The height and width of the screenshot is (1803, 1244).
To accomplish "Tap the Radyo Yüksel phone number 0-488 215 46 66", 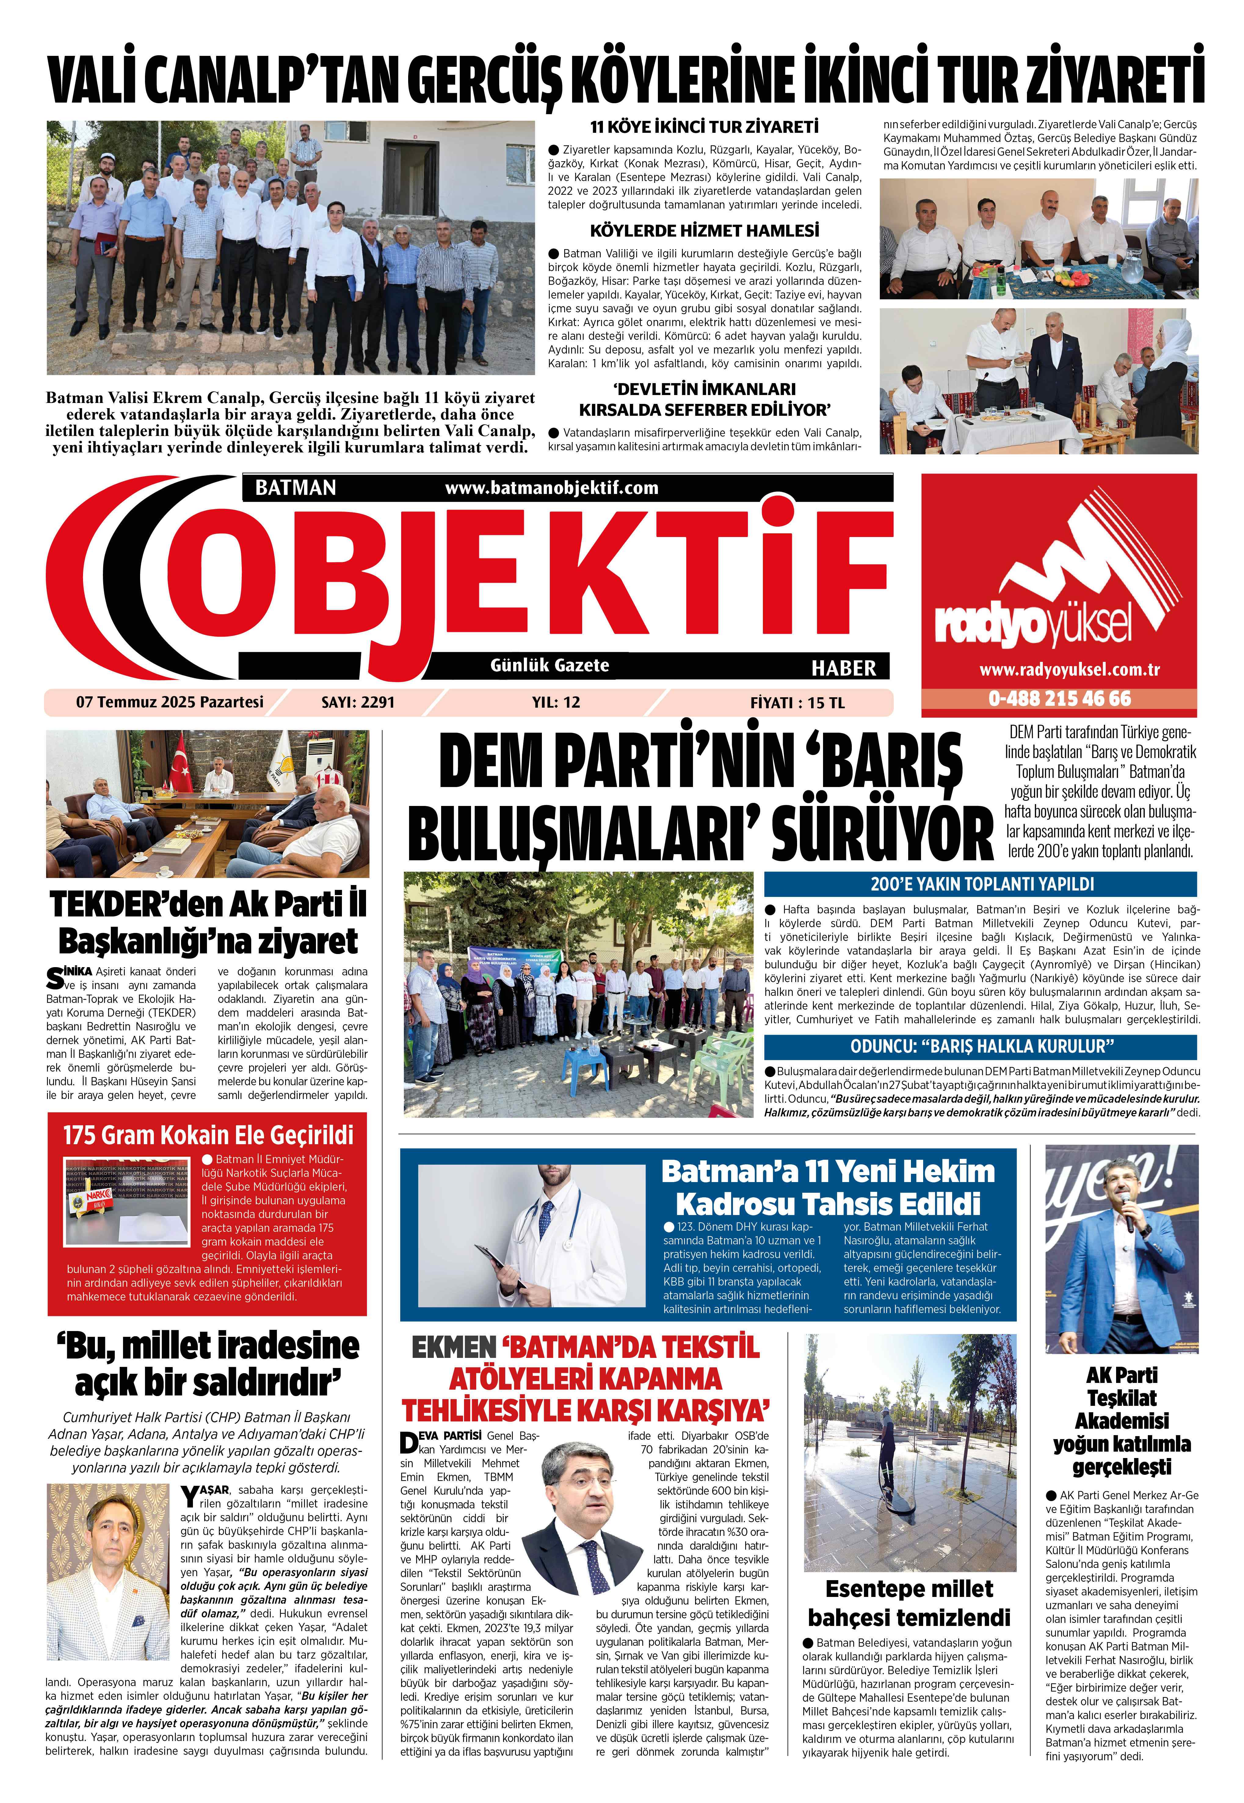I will click(1059, 698).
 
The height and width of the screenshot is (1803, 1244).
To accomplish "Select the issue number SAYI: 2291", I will click(358, 702).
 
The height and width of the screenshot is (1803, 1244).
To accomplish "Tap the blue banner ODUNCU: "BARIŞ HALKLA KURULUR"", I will click(981, 1046).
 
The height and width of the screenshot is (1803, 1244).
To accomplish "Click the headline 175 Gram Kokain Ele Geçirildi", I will click(207, 1135).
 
